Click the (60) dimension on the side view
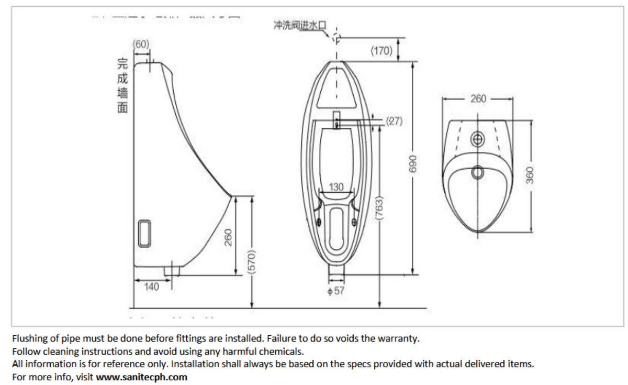tap(141, 44)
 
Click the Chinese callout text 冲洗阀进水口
tap(300, 25)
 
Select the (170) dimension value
tap(382, 51)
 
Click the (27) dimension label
tap(394, 121)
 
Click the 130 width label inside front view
tap(337, 187)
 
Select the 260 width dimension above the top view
tap(478, 98)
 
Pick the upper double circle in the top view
tap(477, 138)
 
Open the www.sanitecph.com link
tap(141, 377)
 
